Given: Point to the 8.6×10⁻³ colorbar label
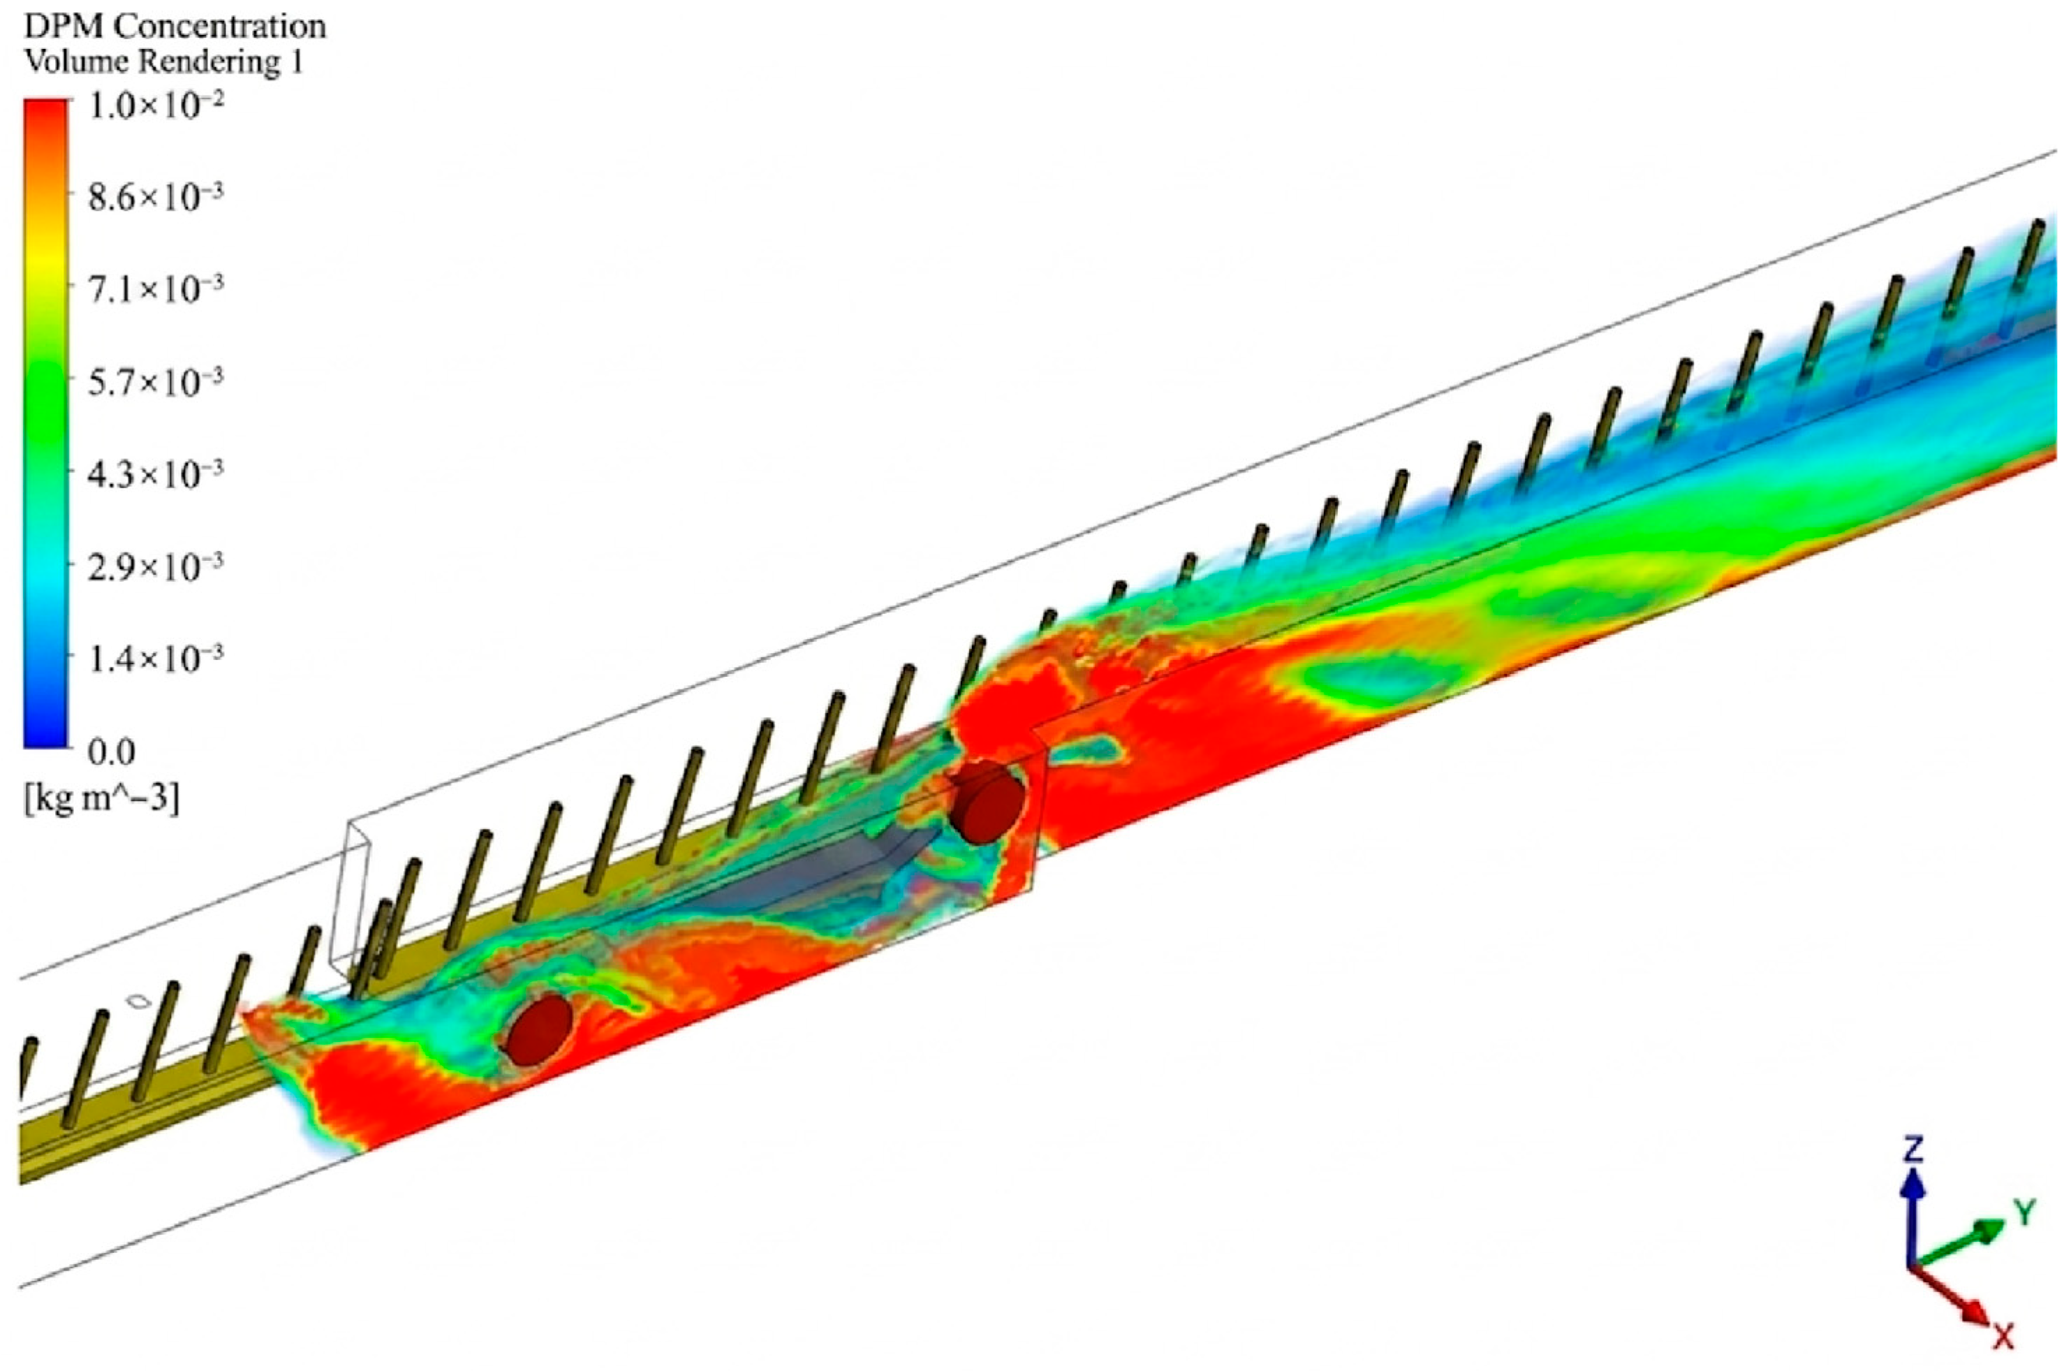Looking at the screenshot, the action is [156, 198].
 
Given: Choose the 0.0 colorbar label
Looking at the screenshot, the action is [112, 752].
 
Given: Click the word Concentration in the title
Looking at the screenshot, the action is [221, 27].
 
